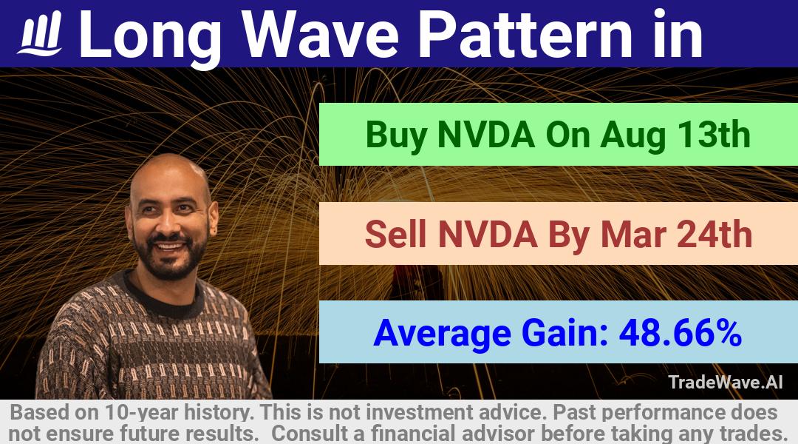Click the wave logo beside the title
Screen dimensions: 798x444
click(x=40, y=33)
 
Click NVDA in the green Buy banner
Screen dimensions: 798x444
click(x=486, y=135)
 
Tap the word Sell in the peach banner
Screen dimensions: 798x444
click(x=395, y=234)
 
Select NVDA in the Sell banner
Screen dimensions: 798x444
click(x=487, y=234)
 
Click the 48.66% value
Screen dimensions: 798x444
click(x=680, y=332)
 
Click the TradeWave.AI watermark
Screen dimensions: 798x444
click(x=726, y=382)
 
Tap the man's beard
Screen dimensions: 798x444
click(x=171, y=258)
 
